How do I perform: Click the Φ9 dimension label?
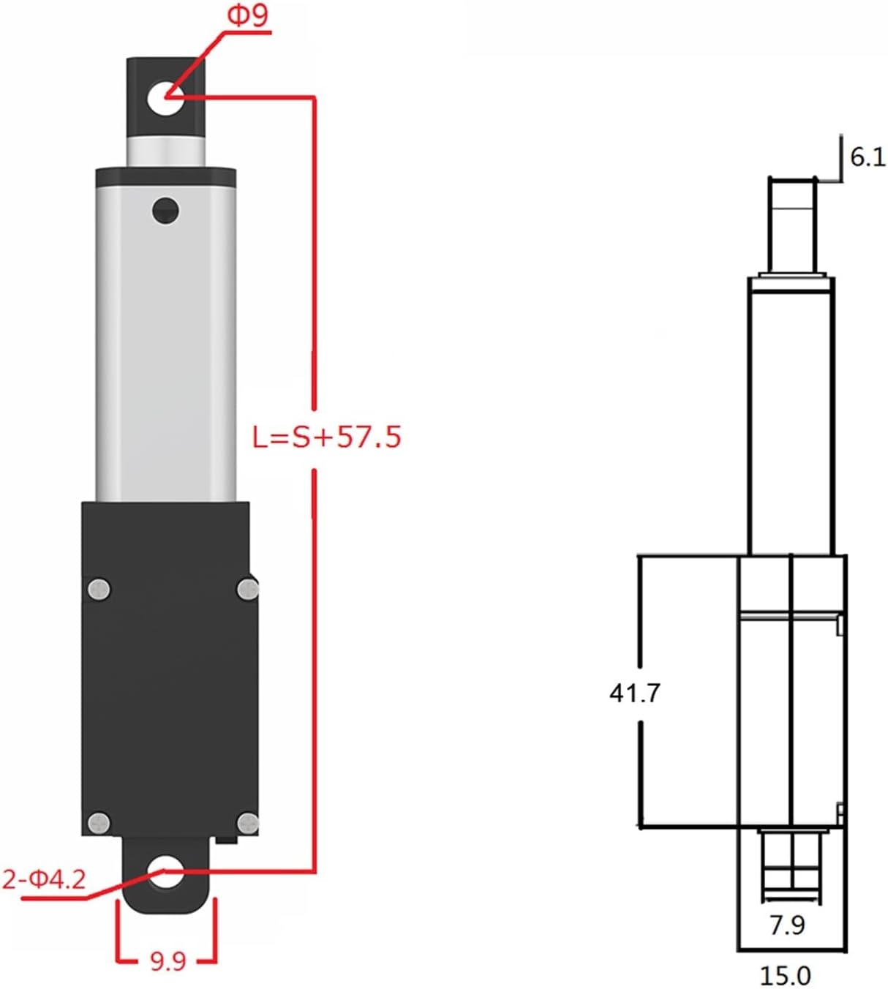tap(247, 15)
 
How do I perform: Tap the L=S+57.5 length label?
tap(326, 437)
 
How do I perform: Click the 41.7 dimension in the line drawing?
tap(634, 693)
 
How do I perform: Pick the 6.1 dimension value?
tap(868, 157)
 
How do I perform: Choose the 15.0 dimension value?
tap(785, 976)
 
